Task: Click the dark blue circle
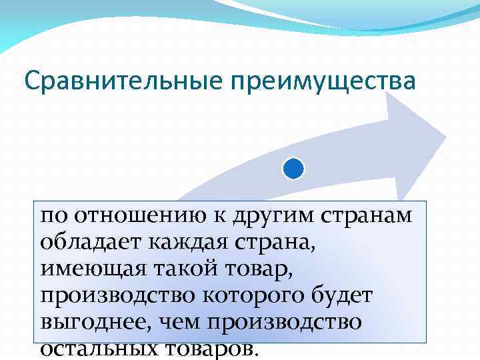pyautogui.click(x=293, y=169)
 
